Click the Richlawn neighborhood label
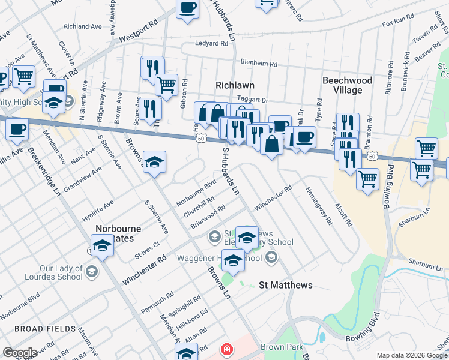(x=236, y=85)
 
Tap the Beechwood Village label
(x=347, y=85)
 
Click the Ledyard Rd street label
(x=211, y=44)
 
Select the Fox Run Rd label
(x=398, y=22)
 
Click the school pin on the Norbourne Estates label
(x=103, y=245)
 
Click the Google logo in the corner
(x=20, y=352)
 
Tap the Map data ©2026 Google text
(x=412, y=355)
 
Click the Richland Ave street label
(x=83, y=26)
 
